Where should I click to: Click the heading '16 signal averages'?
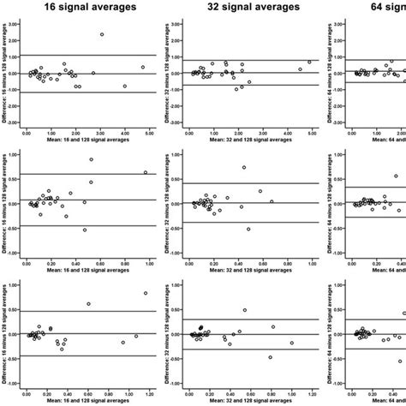point(87,8)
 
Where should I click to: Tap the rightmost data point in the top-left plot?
point(143,67)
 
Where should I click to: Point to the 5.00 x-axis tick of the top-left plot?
point(149,133)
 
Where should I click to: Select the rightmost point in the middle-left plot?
point(145,172)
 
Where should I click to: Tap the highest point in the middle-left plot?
point(92,159)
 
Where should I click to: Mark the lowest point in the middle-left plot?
point(84,230)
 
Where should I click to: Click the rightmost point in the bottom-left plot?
point(145,293)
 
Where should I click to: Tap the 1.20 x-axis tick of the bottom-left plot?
point(149,393)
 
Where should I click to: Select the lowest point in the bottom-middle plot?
point(270,357)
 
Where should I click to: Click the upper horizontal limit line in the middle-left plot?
point(86,174)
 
